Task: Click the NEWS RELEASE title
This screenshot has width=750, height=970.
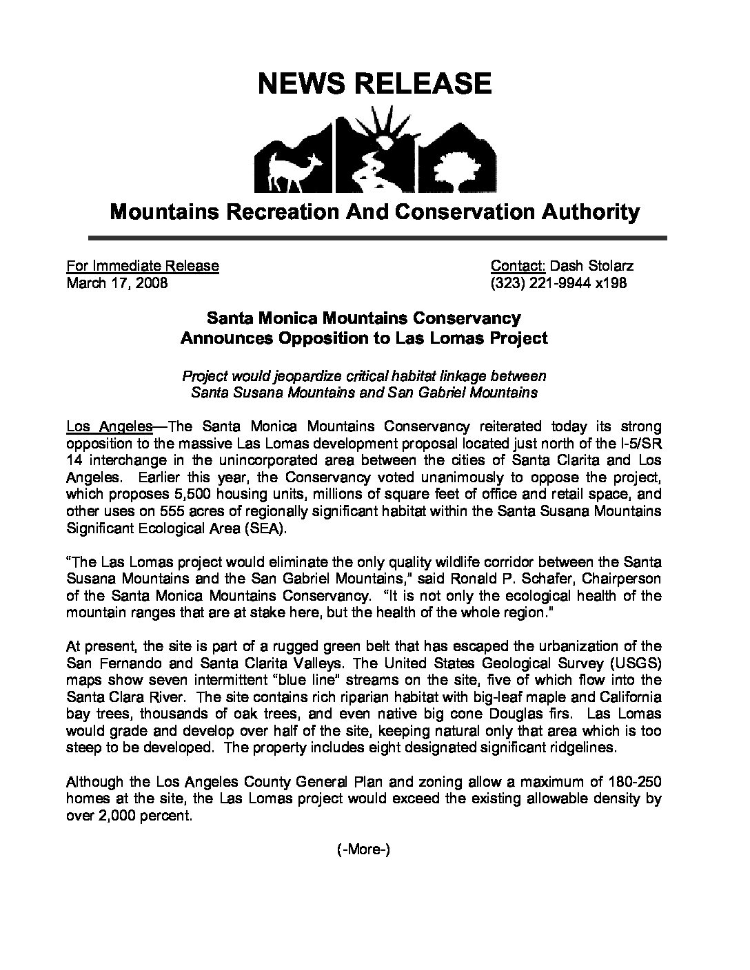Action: pos(374,83)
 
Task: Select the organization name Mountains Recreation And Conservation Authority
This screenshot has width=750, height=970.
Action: pos(374,211)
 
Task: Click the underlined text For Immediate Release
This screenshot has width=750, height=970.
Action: pos(143,266)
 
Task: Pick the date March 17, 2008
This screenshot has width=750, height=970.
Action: pos(116,283)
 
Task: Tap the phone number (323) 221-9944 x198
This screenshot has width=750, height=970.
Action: pos(558,283)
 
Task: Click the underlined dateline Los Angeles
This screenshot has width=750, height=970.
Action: pos(109,427)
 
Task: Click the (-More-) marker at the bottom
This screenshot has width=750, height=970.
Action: pos(364,849)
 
